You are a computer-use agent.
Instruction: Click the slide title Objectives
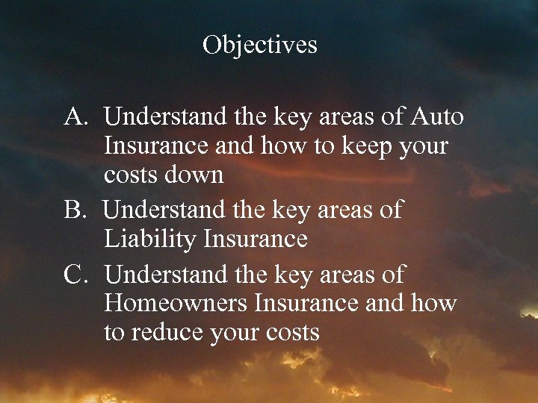pyautogui.click(x=259, y=45)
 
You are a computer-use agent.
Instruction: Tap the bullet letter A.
pyautogui.click(x=77, y=117)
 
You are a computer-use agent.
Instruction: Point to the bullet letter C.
pyautogui.click(x=77, y=275)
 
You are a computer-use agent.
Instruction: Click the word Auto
pyautogui.click(x=437, y=117)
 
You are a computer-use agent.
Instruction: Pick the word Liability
pyautogui.click(x=151, y=240)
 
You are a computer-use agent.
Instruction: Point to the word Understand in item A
pyautogui.click(x=165, y=117)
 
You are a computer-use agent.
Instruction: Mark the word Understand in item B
pyautogui.click(x=165, y=211)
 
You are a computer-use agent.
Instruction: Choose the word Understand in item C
pyautogui.click(x=165, y=275)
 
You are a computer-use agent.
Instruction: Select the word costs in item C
pyautogui.click(x=292, y=333)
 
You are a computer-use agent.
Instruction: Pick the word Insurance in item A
pyautogui.click(x=157, y=146)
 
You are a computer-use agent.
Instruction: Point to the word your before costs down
pyautogui.click(x=421, y=146)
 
